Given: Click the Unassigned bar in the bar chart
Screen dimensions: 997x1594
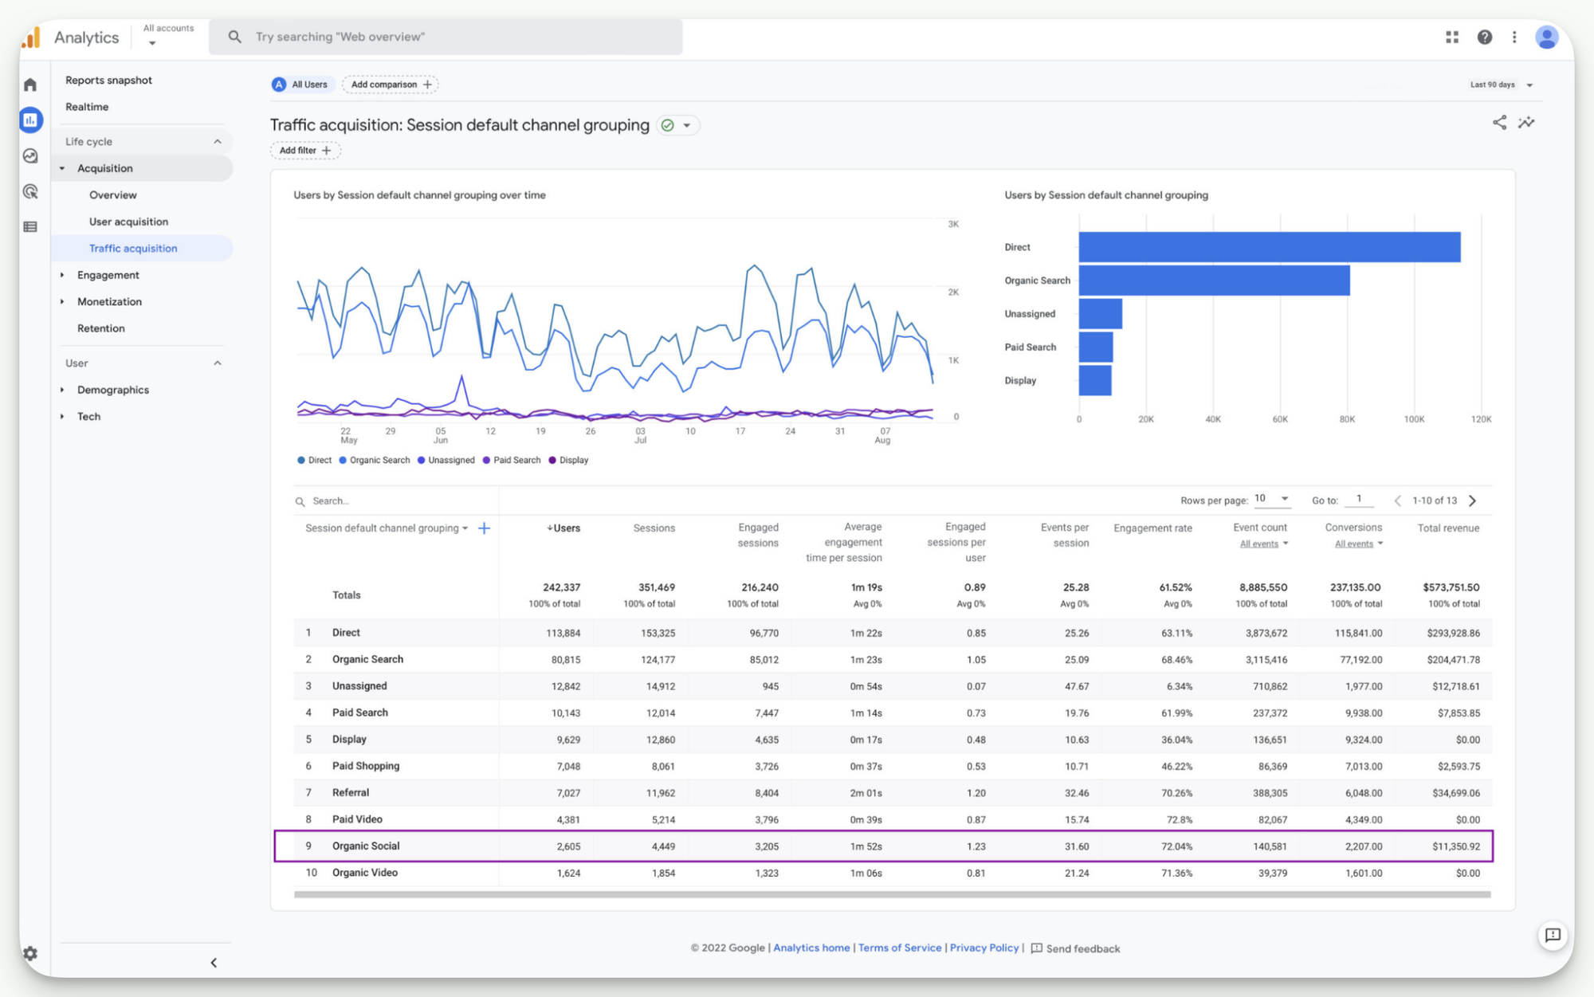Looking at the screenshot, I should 1100,314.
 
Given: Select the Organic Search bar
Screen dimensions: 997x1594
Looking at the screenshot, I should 1214,281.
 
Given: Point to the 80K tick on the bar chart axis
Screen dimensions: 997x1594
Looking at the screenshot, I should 1347,419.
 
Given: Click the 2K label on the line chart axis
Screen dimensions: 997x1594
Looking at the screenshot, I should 953,292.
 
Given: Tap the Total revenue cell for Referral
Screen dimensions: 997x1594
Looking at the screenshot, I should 1455,793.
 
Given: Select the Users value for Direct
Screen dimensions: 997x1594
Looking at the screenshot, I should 563,633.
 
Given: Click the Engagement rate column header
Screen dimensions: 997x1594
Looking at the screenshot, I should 1152,528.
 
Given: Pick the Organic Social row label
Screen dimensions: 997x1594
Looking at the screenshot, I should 366,846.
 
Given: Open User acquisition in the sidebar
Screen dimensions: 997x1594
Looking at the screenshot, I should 128,222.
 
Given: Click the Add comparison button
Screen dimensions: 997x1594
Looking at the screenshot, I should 391,84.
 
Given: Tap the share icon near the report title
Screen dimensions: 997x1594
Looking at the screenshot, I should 1499,123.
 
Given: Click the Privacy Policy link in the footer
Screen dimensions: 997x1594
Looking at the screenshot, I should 983,948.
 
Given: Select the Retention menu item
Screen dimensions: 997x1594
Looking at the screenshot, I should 100,328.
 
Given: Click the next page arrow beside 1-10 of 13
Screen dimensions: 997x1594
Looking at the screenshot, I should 1473,500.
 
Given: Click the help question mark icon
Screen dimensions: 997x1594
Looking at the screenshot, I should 1484,37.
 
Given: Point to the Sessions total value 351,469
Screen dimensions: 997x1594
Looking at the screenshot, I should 656,587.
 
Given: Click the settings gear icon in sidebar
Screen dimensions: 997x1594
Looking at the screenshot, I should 30,953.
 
